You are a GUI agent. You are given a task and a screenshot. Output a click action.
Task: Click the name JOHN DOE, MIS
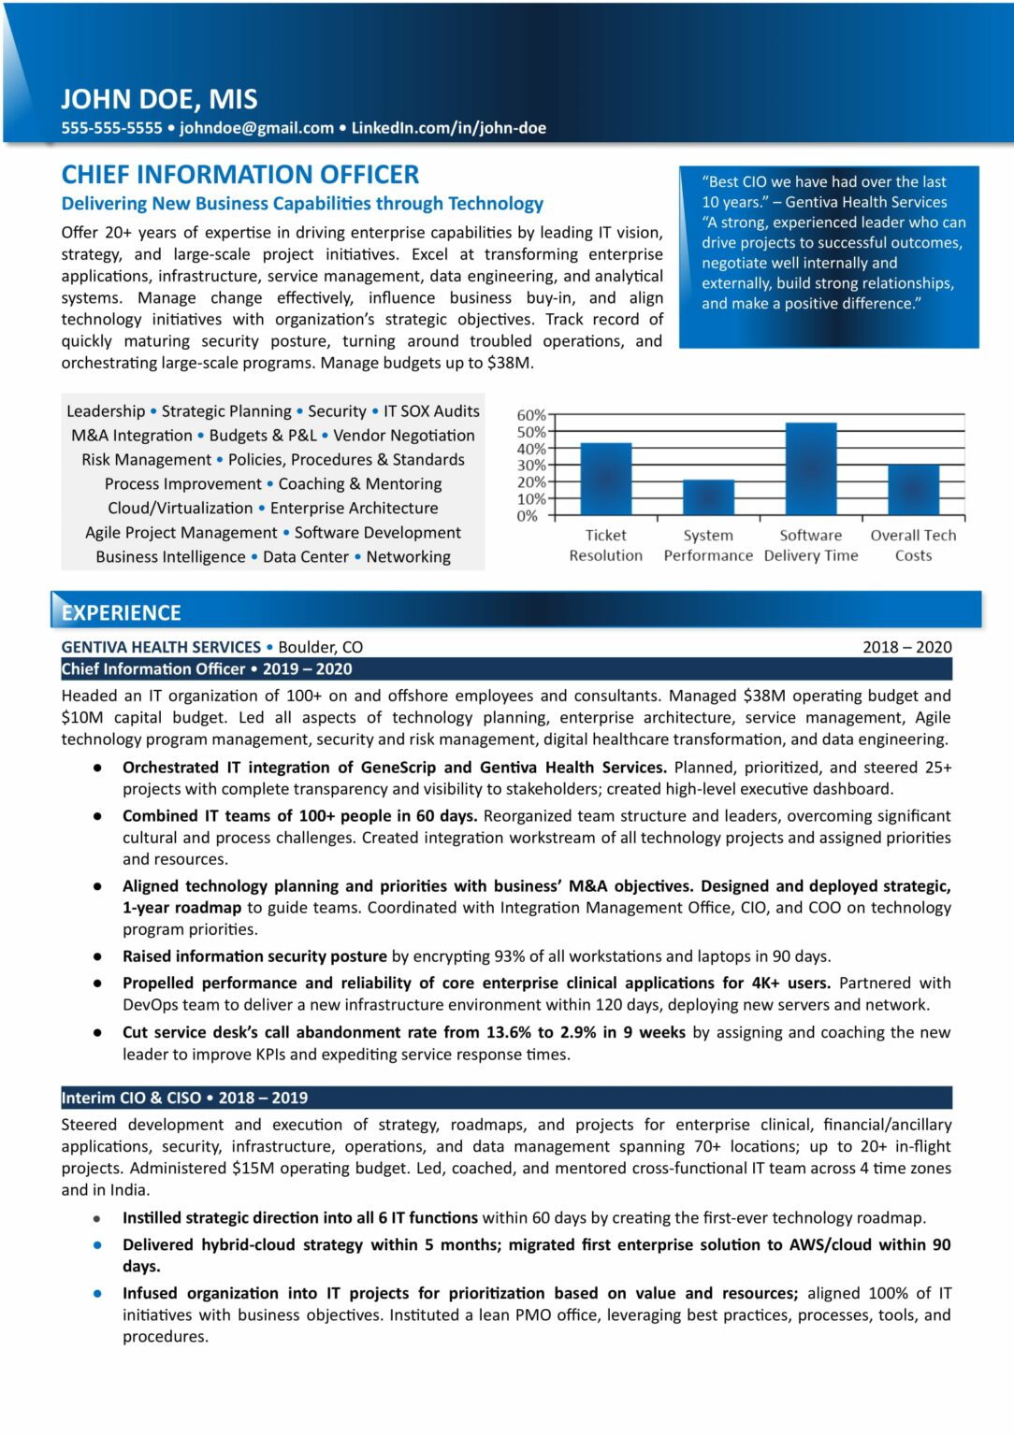[159, 99]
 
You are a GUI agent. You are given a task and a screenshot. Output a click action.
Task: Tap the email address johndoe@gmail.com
[256, 128]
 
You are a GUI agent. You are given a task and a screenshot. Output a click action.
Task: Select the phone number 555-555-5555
[111, 128]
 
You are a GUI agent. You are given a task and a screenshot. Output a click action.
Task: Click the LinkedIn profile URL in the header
[448, 128]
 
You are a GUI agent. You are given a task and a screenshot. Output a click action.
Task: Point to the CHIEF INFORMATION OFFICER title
[239, 175]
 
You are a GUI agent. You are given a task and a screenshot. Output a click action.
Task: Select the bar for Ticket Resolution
[605, 479]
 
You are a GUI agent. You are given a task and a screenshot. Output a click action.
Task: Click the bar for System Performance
[708, 497]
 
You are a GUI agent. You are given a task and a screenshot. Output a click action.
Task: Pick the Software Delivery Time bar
[810, 469]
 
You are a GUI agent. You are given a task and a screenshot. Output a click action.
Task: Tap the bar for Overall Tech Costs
[913, 490]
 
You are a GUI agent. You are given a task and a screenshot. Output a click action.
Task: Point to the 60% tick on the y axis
[530, 415]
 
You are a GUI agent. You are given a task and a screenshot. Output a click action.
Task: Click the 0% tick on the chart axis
[528, 516]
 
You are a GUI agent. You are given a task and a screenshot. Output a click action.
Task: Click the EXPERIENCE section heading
[121, 612]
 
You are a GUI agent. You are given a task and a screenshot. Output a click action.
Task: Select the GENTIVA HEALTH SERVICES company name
[161, 647]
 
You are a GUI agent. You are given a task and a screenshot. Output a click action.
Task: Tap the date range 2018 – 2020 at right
[906, 647]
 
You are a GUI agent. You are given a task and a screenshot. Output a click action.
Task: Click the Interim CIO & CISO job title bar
[184, 1098]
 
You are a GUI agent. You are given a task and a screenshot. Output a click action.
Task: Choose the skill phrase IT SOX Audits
[431, 411]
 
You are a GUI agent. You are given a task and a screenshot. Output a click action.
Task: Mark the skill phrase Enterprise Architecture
[354, 509]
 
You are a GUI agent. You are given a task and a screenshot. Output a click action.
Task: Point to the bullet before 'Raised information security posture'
[97, 956]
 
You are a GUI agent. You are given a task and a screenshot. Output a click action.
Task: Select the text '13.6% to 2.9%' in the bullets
[542, 1032]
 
